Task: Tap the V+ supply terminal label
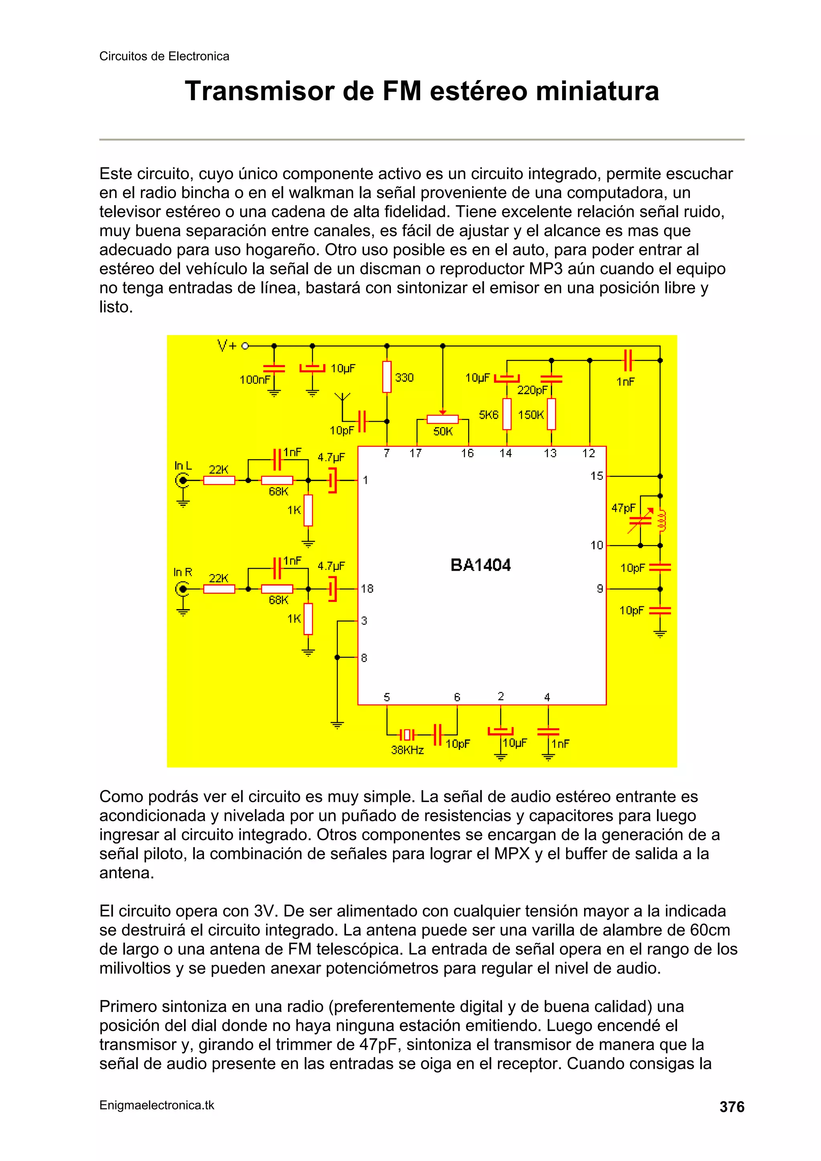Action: (226, 346)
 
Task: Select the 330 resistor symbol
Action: (387, 377)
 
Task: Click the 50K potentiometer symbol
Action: (443, 419)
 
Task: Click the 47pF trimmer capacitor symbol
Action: (640, 520)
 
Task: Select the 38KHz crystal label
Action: (407, 750)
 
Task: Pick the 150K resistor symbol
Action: (551, 414)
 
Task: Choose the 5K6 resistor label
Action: (489, 415)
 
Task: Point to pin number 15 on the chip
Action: (597, 476)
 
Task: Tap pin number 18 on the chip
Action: (367, 589)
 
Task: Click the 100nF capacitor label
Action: (255, 380)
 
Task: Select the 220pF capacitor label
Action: (532, 390)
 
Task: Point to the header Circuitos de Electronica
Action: (164, 56)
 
